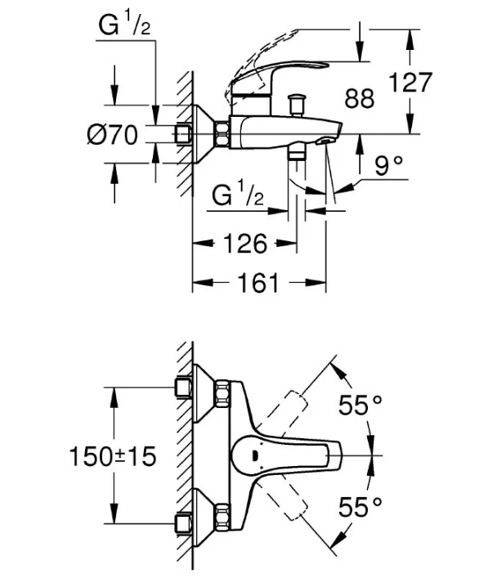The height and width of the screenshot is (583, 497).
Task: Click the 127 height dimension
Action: pyautogui.click(x=410, y=82)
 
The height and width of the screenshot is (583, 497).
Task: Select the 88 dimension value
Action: pyautogui.click(x=360, y=99)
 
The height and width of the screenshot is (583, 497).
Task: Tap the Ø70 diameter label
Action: pyautogui.click(x=112, y=135)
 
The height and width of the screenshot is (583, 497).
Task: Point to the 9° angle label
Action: pyautogui.click(x=388, y=165)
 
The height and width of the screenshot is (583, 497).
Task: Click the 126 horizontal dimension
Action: pyautogui.click(x=245, y=244)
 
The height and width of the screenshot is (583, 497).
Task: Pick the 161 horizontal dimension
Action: pyautogui.click(x=258, y=283)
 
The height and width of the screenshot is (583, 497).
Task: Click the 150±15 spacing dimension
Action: pyautogui.click(x=113, y=456)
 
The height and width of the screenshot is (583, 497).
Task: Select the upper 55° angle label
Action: pyautogui.click(x=360, y=405)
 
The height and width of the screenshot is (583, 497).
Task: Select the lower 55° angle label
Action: pyautogui.click(x=360, y=507)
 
